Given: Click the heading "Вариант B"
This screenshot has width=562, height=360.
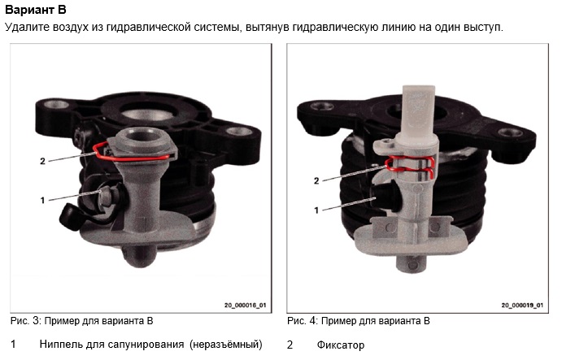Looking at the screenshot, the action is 36,10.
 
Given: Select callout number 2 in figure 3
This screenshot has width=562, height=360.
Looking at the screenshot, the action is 42,161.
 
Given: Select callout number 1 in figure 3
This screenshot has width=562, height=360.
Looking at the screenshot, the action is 42,200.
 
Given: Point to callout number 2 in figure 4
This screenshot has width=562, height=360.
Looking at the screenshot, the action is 316,181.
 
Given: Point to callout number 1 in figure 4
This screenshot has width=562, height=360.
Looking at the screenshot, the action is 316,210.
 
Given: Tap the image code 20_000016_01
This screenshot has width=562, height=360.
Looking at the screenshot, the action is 245,306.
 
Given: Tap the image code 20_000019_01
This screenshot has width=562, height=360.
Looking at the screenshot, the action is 522,306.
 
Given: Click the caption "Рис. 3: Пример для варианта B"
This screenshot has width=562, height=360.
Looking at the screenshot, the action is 81,321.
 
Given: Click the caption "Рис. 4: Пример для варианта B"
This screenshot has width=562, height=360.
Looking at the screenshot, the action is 359,321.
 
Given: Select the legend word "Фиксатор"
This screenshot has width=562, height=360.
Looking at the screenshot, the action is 341,345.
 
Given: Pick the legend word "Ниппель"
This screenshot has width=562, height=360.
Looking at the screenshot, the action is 61,345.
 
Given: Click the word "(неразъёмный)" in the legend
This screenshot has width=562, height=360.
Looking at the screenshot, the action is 226,345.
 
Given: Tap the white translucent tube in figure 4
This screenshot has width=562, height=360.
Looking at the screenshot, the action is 418,112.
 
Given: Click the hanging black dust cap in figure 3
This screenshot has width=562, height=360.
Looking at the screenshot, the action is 69,216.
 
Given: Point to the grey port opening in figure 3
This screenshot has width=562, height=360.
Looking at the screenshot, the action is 143,136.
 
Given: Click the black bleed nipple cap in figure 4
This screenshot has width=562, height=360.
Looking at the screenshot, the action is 385,197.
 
